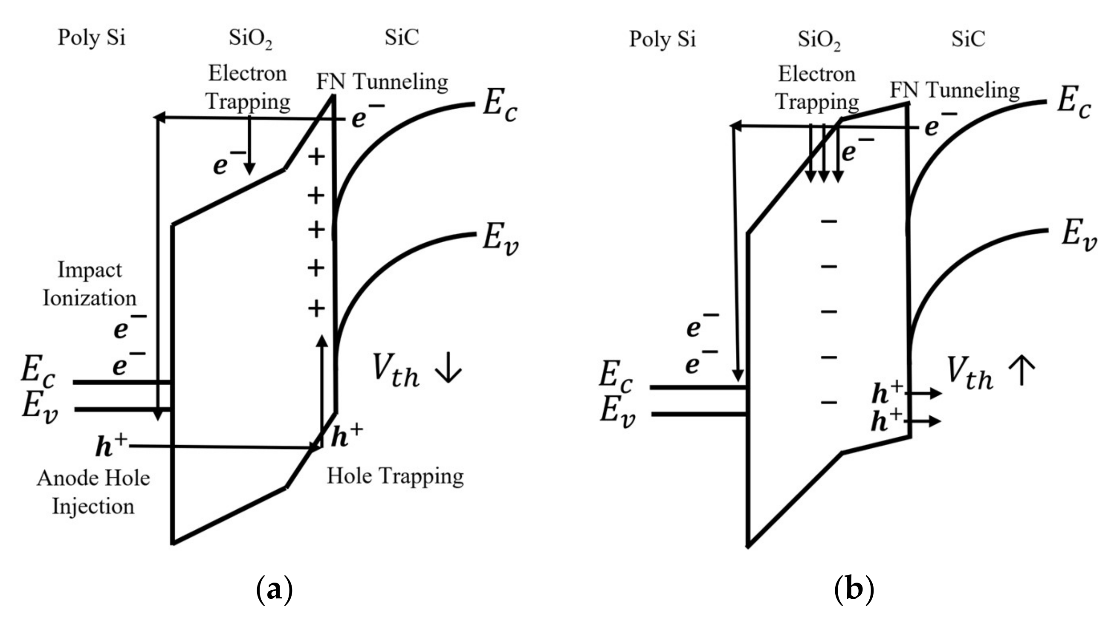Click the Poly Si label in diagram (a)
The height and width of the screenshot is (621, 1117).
[92, 38]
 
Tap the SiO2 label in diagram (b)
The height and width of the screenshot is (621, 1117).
[819, 40]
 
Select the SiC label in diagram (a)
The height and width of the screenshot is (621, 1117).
[402, 37]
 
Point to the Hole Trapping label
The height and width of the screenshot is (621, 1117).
[395, 476]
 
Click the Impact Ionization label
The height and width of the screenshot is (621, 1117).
[90, 284]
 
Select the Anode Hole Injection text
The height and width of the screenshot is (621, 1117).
[93, 492]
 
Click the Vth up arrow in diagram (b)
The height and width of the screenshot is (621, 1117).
[1022, 370]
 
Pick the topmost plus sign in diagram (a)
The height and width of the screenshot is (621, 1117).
[316, 157]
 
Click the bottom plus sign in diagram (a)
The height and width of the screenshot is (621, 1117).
[316, 309]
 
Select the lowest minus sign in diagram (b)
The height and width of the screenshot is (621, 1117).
[829, 403]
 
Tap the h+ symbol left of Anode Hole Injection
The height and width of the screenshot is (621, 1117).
[111, 445]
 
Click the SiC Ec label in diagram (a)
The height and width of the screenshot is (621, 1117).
[500, 104]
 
